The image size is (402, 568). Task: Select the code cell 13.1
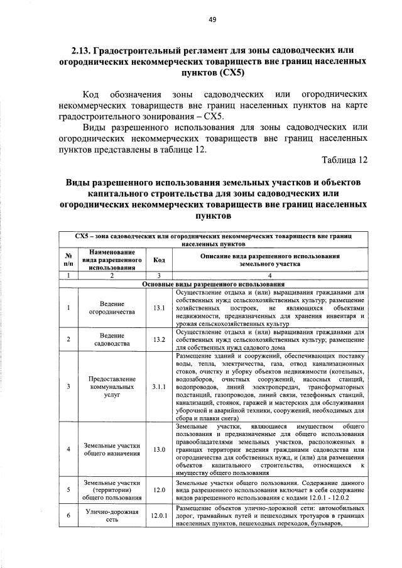[x=158, y=308]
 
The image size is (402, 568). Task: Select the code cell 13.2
[x=158, y=340]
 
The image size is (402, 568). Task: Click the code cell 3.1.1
[x=158, y=386]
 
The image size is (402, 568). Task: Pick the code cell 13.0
[x=158, y=450]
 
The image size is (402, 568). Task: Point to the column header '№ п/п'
[x=67, y=260]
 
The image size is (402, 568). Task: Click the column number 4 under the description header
[x=270, y=276]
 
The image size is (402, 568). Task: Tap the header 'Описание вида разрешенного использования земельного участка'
[x=270, y=260]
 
